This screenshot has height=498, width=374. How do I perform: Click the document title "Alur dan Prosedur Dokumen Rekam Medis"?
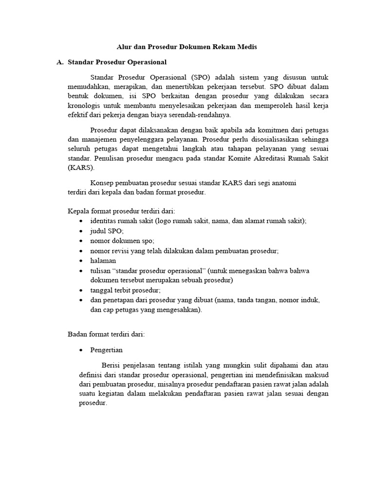187,47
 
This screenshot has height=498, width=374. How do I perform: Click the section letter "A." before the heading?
60,62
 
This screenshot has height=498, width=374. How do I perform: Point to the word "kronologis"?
86,106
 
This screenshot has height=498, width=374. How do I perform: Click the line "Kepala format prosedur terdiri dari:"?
121,211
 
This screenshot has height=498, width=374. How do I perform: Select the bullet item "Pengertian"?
107,350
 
